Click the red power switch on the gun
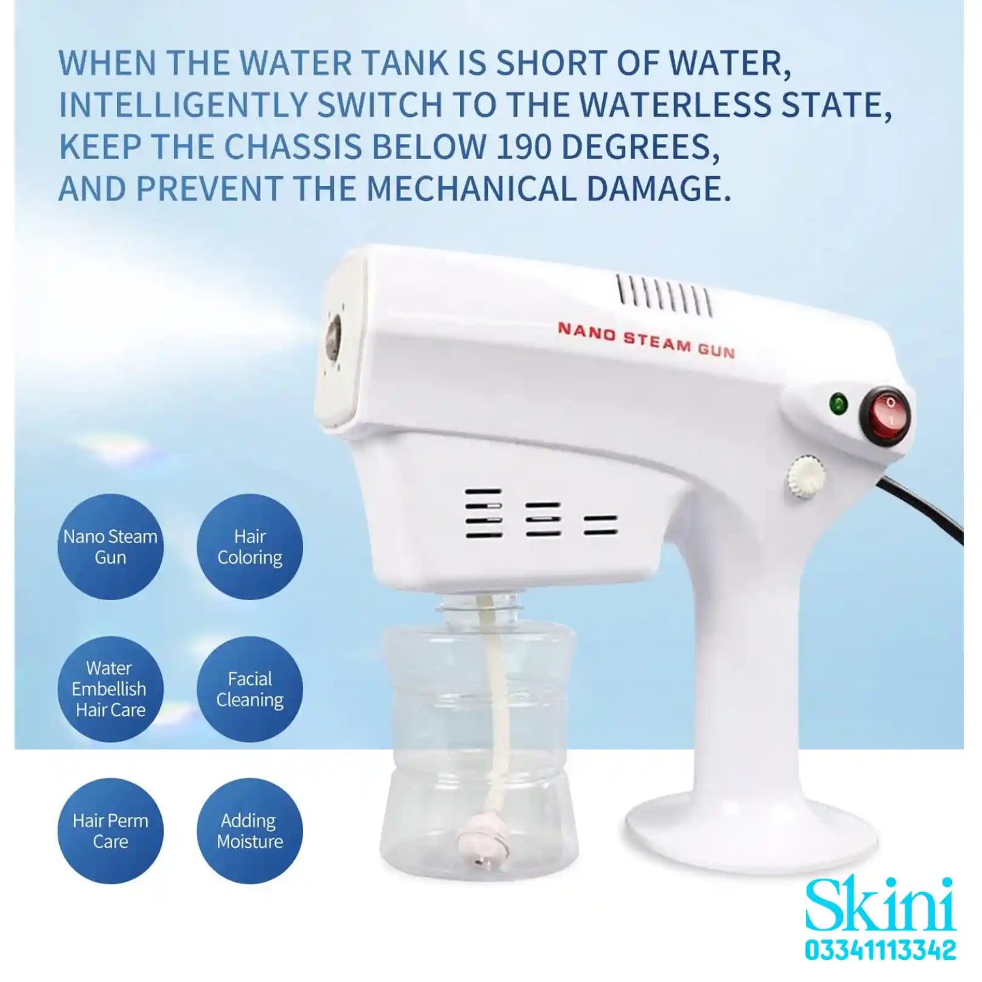coord(884,413)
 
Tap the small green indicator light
coord(839,405)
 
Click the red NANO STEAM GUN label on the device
coord(646,339)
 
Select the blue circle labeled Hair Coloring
coord(249,547)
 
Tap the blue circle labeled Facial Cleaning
coord(249,689)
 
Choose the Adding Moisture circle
coord(249,831)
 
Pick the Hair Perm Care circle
coord(110,831)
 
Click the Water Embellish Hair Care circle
coord(110,689)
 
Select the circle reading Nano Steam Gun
coord(110,547)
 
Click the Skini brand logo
coord(880,906)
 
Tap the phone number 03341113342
coord(880,950)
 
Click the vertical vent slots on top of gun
coord(664,296)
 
